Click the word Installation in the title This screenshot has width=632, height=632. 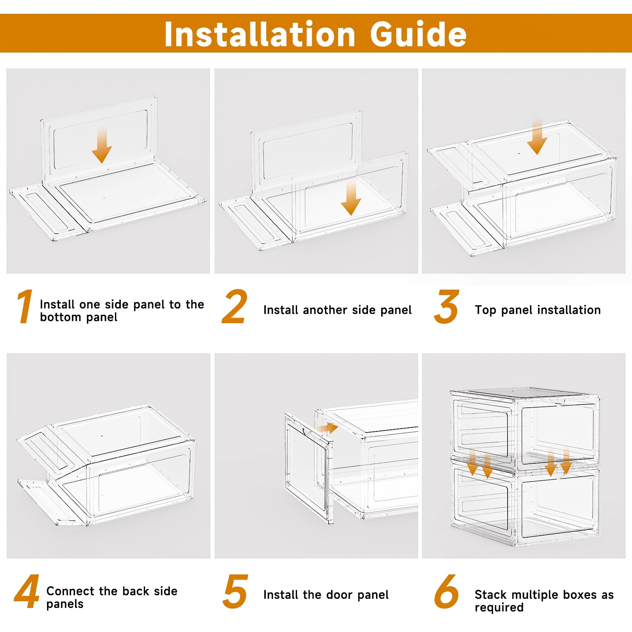260,34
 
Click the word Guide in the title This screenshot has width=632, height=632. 419,34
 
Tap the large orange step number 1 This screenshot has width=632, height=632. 25,307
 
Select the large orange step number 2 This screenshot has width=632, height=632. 235,307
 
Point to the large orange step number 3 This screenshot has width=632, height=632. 446,307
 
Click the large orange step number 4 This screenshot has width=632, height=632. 27,592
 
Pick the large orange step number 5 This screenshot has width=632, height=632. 235,592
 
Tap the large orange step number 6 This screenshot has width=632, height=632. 446,592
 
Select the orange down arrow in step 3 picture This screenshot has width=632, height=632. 537,136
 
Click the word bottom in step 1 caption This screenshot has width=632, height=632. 60,317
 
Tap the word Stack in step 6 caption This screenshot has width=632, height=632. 490,594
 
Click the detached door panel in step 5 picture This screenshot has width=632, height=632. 308,468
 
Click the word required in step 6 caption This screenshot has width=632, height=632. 499,608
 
